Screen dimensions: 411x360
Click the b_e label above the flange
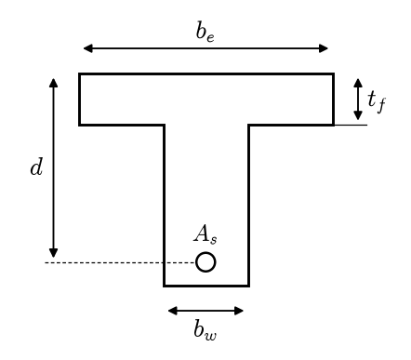(205, 32)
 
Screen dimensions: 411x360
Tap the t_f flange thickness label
(377, 101)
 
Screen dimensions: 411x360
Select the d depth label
(36, 167)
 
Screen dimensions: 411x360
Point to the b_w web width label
(205, 329)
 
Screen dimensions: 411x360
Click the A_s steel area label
(205, 234)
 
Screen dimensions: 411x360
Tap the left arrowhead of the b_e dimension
(88, 48)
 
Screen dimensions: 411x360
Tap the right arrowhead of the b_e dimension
(324, 48)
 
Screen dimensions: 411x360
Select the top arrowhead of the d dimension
(54, 83)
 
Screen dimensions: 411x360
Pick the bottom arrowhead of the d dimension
(54, 253)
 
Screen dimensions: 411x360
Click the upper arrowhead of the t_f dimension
(358, 83)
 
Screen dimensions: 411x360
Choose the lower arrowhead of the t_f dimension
(358, 115)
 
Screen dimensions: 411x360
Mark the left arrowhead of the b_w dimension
(173, 311)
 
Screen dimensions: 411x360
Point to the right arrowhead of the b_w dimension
(239, 311)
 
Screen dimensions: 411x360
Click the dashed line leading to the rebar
(120, 262)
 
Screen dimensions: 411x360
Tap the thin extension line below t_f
(351, 125)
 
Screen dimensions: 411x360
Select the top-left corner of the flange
(79, 73)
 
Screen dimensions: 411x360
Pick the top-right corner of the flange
(334, 73)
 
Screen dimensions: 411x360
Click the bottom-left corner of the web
(164, 286)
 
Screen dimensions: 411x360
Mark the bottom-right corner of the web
(249, 286)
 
